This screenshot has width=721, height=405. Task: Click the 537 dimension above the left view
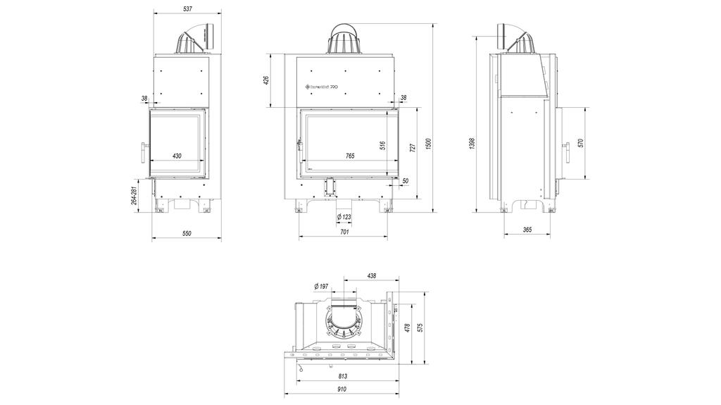(x=187, y=9)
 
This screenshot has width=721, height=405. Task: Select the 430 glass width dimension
(x=177, y=156)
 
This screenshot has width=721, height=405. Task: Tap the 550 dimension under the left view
(x=187, y=233)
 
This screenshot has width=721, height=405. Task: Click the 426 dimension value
(x=266, y=80)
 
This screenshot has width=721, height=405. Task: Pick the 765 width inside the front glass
(x=350, y=156)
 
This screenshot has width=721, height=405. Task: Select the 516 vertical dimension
(x=382, y=146)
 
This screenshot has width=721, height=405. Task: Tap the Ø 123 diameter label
(x=344, y=216)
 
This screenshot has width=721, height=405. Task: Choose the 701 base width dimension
(x=344, y=232)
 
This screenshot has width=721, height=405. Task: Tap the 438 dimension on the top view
(x=372, y=275)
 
